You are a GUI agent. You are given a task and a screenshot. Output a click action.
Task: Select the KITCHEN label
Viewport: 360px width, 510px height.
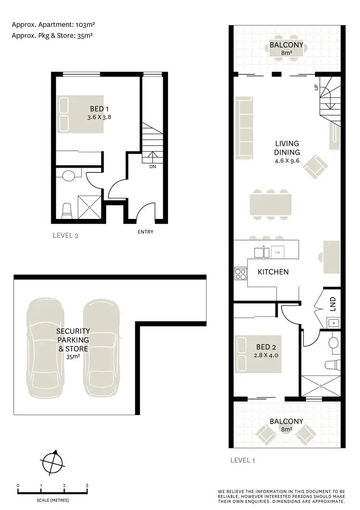[273, 272]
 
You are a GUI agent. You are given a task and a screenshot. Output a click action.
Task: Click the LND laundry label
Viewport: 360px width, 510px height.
[333, 304]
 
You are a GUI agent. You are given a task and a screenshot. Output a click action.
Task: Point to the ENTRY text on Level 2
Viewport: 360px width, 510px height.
[145, 232]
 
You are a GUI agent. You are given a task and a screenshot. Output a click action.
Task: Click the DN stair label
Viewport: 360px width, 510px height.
[152, 167]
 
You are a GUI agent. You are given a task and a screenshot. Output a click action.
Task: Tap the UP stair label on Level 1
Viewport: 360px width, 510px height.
[315, 87]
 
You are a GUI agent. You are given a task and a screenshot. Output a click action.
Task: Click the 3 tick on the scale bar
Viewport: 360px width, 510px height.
[87, 486]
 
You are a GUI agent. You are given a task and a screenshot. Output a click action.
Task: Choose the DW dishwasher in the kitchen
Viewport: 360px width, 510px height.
[276, 252]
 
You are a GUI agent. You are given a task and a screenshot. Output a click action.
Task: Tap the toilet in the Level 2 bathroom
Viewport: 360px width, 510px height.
[67, 209]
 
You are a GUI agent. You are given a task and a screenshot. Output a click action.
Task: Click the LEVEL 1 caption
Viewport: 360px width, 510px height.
[242, 460]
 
